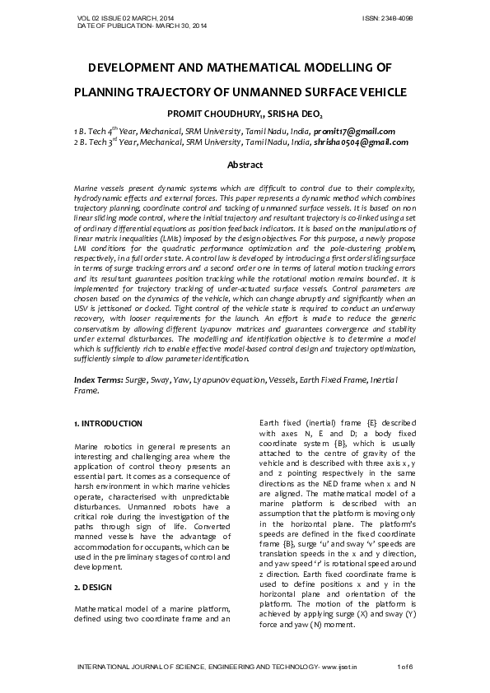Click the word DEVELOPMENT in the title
click(138, 68)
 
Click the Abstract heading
click(245, 165)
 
